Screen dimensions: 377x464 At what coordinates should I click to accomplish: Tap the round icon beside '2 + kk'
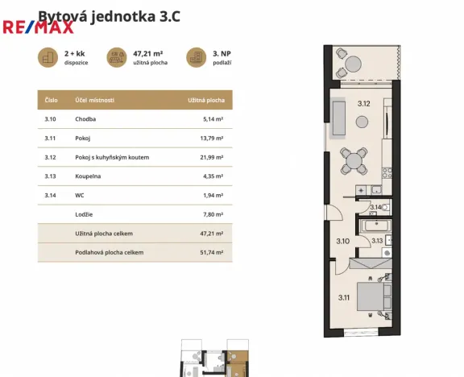pos(49,57)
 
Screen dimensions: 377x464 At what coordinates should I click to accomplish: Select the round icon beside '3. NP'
pos(196,57)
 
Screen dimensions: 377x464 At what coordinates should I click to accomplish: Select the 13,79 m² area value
pos(211,138)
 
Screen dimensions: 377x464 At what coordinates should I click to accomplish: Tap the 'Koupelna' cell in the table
pos(89,176)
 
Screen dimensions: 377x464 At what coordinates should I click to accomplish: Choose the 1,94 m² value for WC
pos(213,195)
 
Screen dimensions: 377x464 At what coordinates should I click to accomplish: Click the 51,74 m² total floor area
pos(211,252)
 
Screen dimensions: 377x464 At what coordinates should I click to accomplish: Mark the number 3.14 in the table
pos(51,195)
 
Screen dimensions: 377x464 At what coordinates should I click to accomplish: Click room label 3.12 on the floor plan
pos(363,103)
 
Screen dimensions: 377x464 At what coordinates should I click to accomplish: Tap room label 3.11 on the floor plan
pos(343,298)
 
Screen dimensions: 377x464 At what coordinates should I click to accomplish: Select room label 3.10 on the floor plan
pos(342,241)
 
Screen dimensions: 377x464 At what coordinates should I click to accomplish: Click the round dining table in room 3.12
pos(354,161)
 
